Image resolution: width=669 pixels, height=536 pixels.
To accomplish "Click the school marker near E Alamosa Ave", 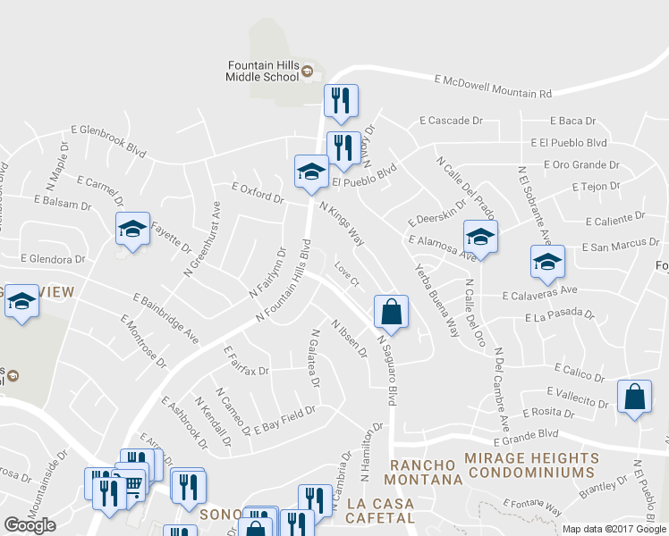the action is click(x=480, y=238).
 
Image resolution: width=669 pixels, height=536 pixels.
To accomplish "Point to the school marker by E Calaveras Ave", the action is click(x=547, y=261).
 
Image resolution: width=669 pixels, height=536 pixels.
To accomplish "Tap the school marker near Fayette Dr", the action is click(x=132, y=229).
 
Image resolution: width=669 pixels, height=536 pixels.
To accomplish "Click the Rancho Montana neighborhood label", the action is click(x=426, y=473).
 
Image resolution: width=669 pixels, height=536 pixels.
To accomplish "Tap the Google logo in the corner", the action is click(x=30, y=525).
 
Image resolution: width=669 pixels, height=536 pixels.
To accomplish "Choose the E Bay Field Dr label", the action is click(x=285, y=421).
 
